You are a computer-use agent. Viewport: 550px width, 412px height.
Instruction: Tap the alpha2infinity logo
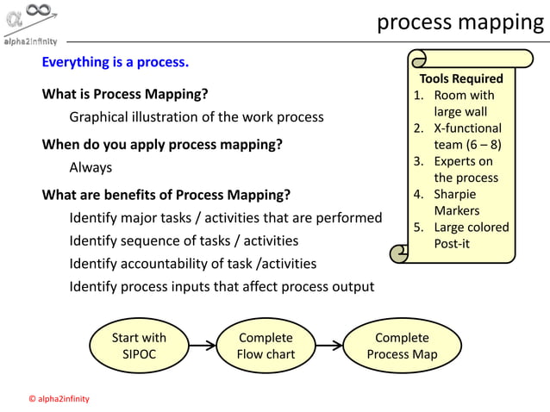pyautogui.click(x=31, y=24)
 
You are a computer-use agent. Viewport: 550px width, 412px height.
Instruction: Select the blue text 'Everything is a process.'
pyautogui.click(x=116, y=62)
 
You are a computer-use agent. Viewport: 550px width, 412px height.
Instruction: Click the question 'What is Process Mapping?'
pyautogui.click(x=125, y=94)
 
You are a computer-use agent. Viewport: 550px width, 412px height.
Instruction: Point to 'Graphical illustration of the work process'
pyautogui.click(x=197, y=116)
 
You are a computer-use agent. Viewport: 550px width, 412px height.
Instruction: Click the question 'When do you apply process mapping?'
pyautogui.click(x=162, y=144)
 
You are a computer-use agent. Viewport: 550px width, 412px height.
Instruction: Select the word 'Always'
pyautogui.click(x=91, y=167)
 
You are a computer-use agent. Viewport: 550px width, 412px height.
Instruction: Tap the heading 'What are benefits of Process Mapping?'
pyautogui.click(x=166, y=194)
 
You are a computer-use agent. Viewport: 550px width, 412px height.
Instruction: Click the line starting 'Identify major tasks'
pyautogui.click(x=225, y=217)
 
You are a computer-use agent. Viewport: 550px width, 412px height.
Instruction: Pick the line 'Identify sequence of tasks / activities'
pyautogui.click(x=184, y=240)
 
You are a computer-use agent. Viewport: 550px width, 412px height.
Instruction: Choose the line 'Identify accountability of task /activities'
pyautogui.click(x=192, y=264)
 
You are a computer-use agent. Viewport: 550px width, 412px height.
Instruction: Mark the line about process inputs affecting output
pyautogui.click(x=222, y=286)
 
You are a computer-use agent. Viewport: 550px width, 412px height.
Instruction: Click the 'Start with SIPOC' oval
pyautogui.click(x=139, y=346)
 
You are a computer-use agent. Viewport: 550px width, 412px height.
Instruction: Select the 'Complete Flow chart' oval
pyautogui.click(x=266, y=346)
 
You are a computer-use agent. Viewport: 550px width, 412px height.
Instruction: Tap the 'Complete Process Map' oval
pyautogui.click(x=402, y=346)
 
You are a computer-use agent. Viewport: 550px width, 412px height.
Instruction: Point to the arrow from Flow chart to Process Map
pyautogui.click(x=329, y=346)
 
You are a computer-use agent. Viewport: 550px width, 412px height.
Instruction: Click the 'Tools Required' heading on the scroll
pyautogui.click(x=461, y=78)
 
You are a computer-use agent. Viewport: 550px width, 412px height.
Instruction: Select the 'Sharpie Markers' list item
pyautogui.click(x=457, y=203)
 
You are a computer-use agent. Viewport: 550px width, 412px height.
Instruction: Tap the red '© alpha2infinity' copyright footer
pyautogui.click(x=59, y=399)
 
